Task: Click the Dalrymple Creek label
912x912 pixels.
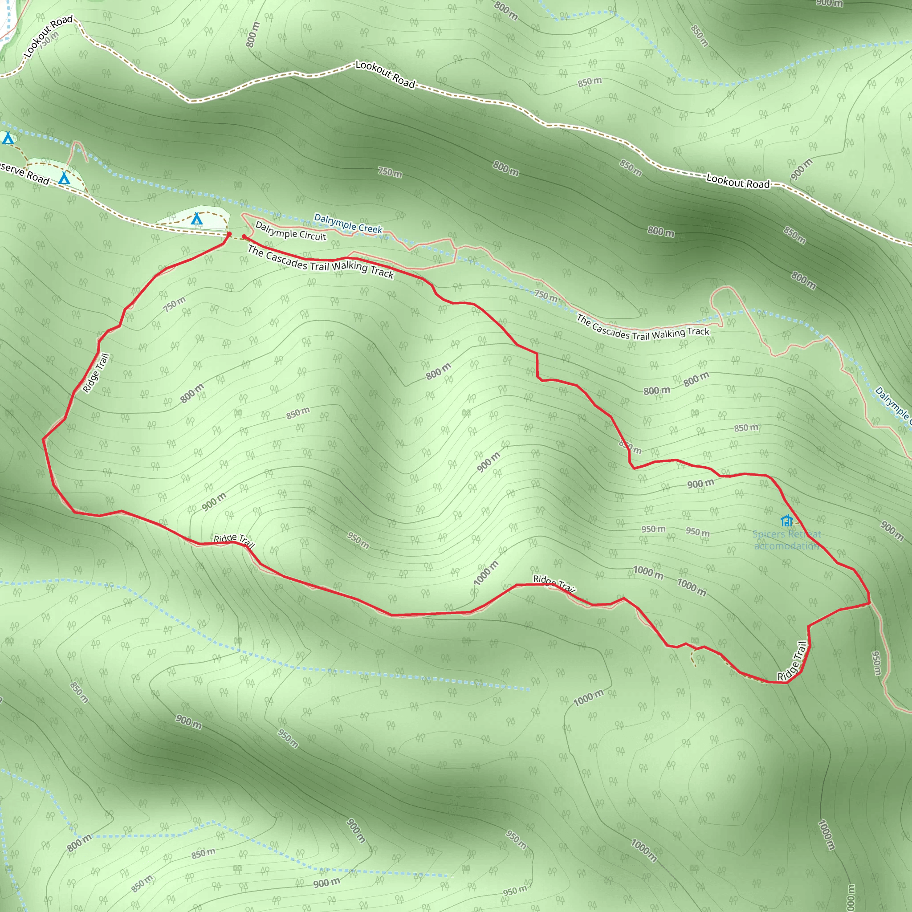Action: click(348, 223)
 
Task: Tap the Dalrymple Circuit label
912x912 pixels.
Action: click(290, 231)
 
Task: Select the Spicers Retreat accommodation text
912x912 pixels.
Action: click(786, 540)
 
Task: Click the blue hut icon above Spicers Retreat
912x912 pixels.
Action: click(786, 520)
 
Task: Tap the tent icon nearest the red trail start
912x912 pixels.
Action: click(196, 219)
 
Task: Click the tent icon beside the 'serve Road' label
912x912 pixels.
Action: click(64, 179)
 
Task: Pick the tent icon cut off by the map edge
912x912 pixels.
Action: click(8, 138)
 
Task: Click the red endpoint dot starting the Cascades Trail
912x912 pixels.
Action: click(244, 236)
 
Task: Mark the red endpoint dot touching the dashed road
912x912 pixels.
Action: click(229, 234)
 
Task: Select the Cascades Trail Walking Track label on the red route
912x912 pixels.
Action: click(321, 262)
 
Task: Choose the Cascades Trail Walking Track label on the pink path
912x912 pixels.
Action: click(643, 328)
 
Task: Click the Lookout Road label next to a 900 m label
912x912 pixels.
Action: click(738, 181)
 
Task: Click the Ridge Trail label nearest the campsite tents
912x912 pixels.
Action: click(96, 372)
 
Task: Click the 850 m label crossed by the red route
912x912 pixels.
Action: click(630, 447)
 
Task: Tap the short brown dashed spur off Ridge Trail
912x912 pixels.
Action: click(693, 658)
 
